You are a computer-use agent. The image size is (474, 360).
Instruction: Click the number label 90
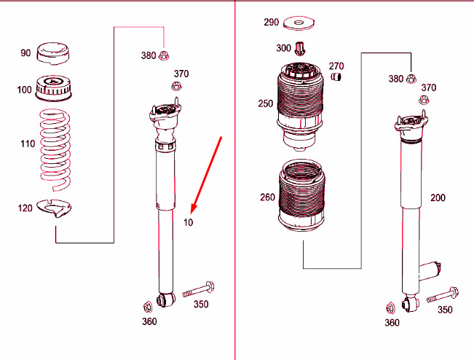pos(25,53)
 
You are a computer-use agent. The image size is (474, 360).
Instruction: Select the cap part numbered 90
pos(52,54)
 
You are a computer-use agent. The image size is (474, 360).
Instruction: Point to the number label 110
pos(28,144)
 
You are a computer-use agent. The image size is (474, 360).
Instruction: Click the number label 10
pos(189,223)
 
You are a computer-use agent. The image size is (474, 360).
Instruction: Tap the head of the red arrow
pos(191,208)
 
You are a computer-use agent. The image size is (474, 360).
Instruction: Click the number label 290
pos(271,23)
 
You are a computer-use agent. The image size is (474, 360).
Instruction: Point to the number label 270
pos(336,66)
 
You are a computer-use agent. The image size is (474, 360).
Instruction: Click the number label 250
pos(265,103)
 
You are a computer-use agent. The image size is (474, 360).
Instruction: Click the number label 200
pos(438,197)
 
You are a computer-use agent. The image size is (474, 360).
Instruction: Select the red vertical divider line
pos(235,182)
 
